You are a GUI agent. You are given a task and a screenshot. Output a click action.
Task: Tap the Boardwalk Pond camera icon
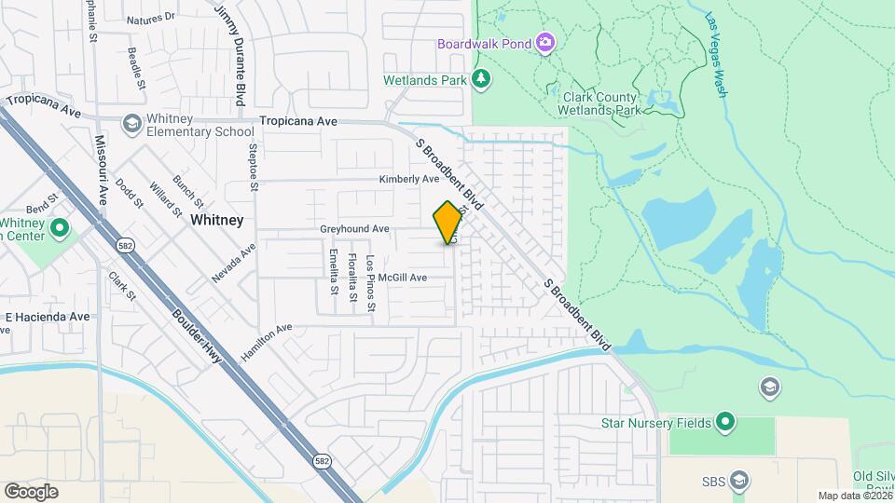click(544, 43)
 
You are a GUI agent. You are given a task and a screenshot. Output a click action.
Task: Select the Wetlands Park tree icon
click(481, 80)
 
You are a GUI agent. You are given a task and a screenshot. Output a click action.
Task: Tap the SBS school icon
click(740, 481)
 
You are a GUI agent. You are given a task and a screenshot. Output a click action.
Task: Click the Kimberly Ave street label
click(408, 179)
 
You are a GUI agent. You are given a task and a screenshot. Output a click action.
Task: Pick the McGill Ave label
click(402, 278)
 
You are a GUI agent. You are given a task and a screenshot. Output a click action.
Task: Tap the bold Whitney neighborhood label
click(216, 221)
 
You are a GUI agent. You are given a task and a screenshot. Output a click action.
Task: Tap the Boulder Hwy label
click(198, 331)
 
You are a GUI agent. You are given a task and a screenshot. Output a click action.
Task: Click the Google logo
click(31, 491)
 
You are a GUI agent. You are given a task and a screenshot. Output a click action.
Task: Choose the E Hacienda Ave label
click(48, 317)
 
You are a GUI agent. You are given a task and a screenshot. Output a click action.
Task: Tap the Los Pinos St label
click(370, 282)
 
